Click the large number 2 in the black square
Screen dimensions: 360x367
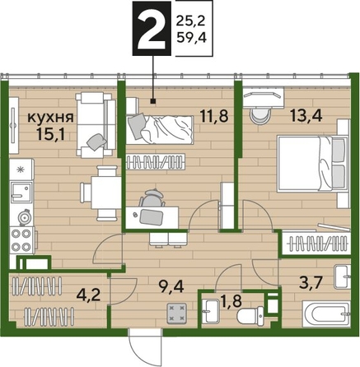[x=152, y=29]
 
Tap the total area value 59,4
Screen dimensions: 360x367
[x=191, y=37]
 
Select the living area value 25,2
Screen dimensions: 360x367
[x=191, y=21]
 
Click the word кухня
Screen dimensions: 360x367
[x=51, y=118]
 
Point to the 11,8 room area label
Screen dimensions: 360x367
[x=214, y=116]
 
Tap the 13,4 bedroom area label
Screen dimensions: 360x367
[x=306, y=116]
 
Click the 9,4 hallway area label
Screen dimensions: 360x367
[x=171, y=287]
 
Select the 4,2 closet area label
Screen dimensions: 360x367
[x=89, y=295]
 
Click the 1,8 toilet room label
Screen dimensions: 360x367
[x=231, y=300]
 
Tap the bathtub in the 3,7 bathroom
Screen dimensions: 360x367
[x=326, y=314]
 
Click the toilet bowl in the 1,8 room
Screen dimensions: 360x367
[x=250, y=316]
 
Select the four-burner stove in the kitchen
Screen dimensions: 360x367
[x=22, y=240]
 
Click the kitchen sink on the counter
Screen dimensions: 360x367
[x=21, y=192]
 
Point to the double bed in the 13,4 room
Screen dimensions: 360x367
[x=312, y=164]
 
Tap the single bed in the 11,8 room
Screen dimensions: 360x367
[x=160, y=129]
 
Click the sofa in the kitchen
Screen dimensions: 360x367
[x=96, y=125]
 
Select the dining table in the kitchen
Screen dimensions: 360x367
[x=106, y=193]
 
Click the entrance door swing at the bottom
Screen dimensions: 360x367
[x=146, y=345]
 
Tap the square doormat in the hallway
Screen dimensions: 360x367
[x=176, y=312]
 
